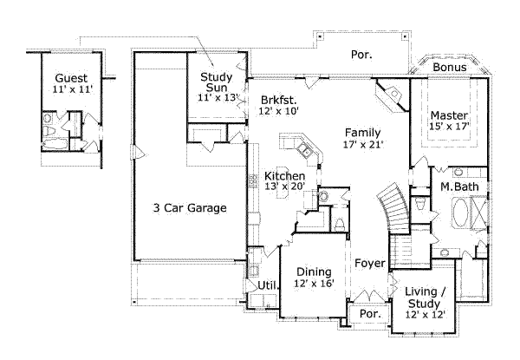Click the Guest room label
70,77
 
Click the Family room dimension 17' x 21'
363,145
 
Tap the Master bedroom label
449,115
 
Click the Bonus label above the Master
450,67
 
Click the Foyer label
369,260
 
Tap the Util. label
267,285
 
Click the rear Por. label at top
361,55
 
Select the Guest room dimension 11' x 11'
70,88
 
